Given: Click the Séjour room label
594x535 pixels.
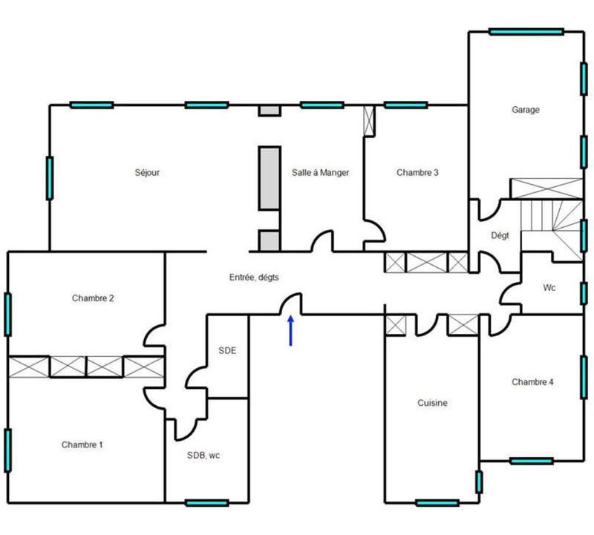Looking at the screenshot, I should click(147, 173).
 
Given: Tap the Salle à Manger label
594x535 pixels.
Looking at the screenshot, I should click(320, 173).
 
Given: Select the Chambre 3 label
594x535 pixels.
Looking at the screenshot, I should click(417, 173).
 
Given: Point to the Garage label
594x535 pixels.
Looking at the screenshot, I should click(525, 110).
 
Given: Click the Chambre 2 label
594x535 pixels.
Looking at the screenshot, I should click(93, 298).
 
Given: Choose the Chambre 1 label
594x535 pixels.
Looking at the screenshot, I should click(82, 445).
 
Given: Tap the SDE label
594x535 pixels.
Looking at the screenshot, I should click(227, 350).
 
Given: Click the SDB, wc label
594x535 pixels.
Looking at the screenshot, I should click(203, 456).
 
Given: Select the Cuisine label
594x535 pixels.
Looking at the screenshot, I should click(431, 403).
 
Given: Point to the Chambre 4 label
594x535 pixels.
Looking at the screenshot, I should click(532, 382).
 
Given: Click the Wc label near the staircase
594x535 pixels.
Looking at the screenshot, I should click(549, 287).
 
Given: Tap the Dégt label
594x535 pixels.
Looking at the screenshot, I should click(500, 236).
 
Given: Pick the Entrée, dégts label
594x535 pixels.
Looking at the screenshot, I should click(254, 277).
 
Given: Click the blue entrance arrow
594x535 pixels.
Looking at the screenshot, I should click(290, 330).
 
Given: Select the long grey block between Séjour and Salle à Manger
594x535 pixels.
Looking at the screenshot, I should click(269, 178).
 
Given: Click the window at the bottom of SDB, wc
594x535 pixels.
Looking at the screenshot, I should click(206, 502).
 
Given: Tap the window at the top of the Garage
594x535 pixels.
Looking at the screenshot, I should click(526, 31).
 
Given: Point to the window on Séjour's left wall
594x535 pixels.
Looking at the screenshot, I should click(50, 178).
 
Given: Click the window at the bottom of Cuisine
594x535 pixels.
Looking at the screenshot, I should click(437, 502).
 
